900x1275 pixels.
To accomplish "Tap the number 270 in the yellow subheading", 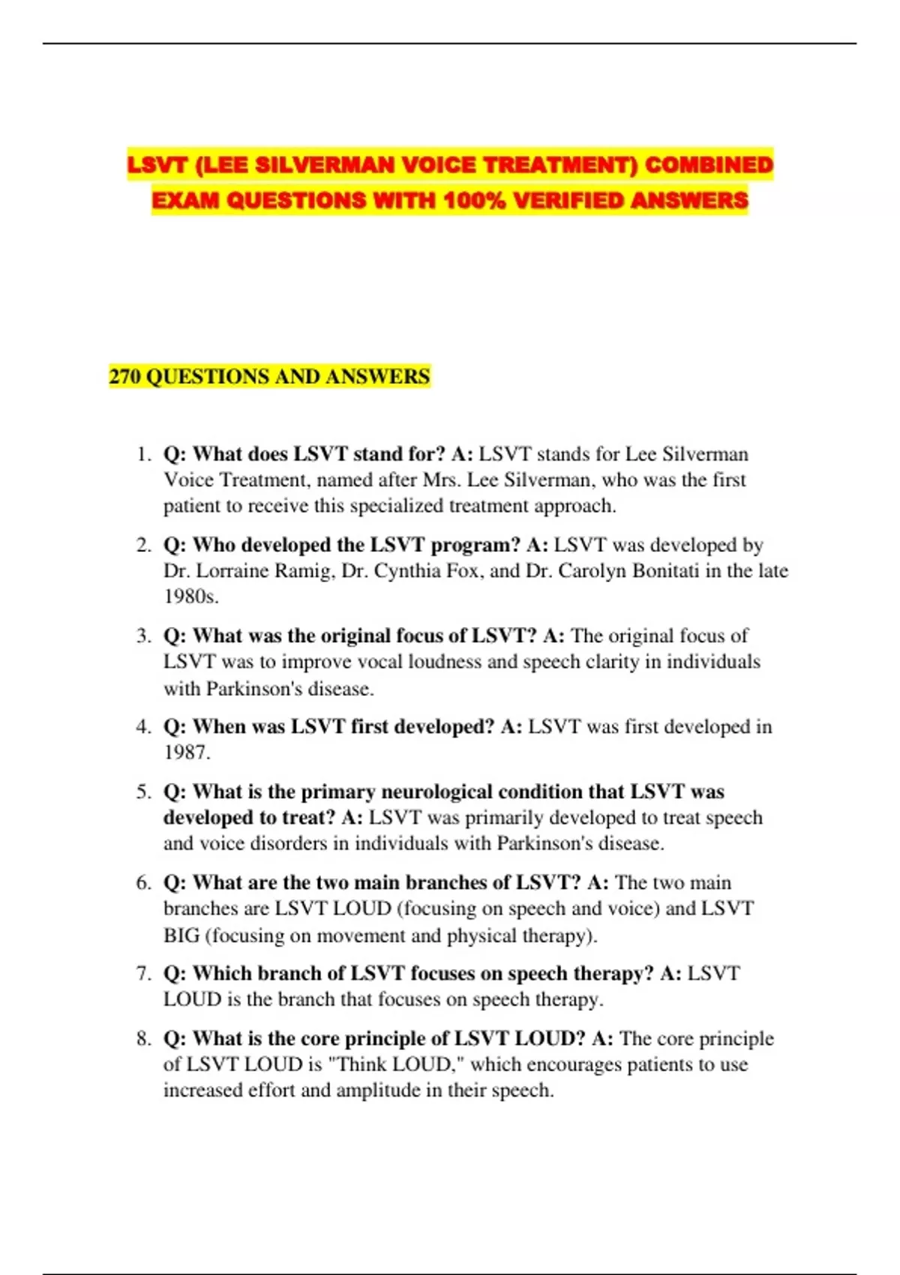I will (124, 376).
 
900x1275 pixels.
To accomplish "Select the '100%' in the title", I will (473, 200).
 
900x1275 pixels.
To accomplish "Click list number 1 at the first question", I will (143, 454).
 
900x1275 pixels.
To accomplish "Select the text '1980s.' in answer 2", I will (191, 597).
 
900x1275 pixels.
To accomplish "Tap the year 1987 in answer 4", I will (186, 752).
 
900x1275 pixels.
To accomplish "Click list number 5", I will (143, 792).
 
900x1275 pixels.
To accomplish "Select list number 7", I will (143, 973).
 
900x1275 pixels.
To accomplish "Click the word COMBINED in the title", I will (708, 165).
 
